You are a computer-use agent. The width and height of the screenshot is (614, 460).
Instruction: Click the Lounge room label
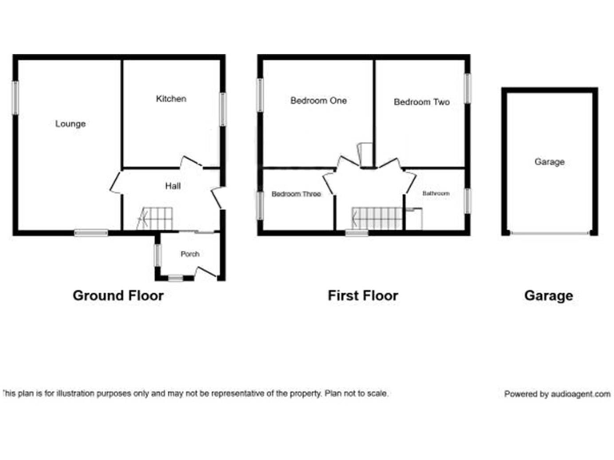(70, 124)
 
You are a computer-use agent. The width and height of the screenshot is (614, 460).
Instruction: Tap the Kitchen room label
(171, 99)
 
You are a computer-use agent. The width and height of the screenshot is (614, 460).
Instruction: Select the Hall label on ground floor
(173, 186)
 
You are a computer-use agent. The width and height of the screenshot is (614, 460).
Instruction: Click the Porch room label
(189, 255)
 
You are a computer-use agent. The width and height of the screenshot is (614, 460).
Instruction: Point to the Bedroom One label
(318, 101)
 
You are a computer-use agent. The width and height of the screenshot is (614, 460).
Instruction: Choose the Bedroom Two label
(421, 102)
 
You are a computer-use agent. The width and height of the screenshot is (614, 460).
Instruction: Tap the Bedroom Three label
(296, 194)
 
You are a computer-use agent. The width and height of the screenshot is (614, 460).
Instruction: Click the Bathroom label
(436, 194)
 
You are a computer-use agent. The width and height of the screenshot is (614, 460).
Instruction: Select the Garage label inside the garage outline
(549, 162)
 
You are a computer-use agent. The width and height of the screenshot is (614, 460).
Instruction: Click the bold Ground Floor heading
(118, 295)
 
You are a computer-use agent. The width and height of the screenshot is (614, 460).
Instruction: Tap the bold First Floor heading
(363, 295)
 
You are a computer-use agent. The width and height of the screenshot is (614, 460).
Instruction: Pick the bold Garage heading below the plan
(548, 295)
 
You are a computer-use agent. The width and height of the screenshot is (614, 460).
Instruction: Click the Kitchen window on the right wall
(223, 109)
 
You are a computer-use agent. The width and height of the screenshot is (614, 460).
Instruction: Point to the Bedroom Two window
(468, 88)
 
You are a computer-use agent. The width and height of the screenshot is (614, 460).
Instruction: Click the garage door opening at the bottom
(549, 233)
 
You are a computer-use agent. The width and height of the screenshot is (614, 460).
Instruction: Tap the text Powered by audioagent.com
(556, 395)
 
